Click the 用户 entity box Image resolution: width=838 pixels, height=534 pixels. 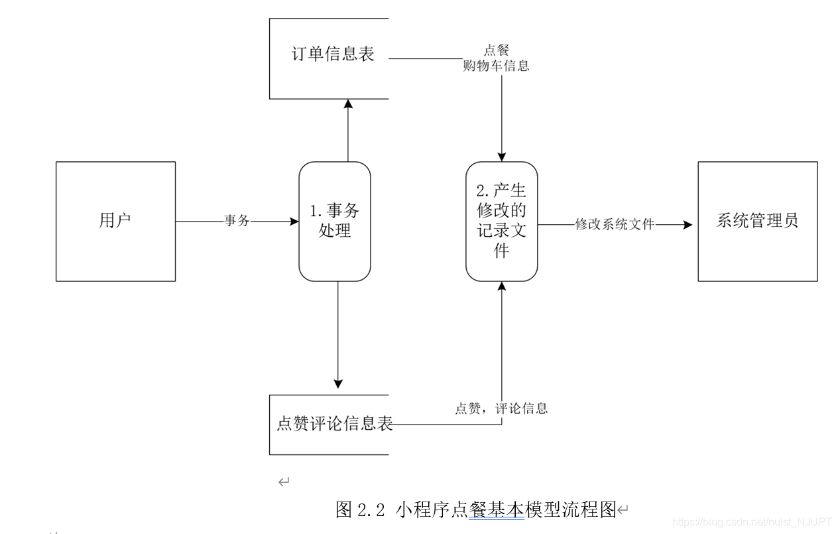pos(115,221)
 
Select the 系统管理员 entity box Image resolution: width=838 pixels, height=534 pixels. pos(757,221)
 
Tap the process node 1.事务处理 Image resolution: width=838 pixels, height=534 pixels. pos(335,221)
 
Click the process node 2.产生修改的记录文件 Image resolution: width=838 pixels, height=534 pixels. pos(501,221)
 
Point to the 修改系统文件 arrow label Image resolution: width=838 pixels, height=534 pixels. pos(615,225)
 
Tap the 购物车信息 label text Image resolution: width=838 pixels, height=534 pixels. pos(497,66)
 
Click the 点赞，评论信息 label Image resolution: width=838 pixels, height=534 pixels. pos(501,409)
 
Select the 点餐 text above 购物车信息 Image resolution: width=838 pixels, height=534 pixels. pos(497,51)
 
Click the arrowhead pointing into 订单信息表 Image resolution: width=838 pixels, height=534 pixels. pos(348,104)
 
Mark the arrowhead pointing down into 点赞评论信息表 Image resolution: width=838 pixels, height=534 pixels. pos(338,383)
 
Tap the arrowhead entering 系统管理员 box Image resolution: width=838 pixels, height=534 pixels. pos(688,225)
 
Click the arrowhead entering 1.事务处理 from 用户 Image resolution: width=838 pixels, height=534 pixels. pos(294,222)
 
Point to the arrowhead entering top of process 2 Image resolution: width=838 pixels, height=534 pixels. pos(501,157)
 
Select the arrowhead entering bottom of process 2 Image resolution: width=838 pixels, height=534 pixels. pos(501,286)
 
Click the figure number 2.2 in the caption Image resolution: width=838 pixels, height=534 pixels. pos(371,510)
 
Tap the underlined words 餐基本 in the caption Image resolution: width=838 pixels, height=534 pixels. pos(496,510)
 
